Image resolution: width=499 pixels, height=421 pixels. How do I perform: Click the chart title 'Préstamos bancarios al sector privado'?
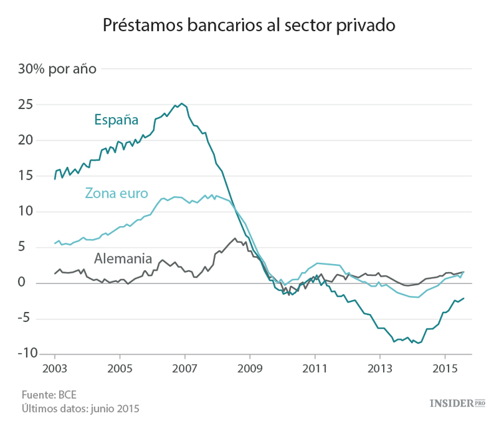249,25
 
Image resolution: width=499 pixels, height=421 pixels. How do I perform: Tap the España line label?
116,120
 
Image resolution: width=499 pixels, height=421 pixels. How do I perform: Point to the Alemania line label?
123,258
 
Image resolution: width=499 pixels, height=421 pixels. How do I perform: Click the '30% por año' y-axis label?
57,69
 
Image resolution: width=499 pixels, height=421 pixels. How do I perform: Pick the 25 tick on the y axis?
25,104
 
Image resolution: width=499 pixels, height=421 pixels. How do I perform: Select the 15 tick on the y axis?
25,176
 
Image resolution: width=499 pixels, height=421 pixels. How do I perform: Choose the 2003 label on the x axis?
55,368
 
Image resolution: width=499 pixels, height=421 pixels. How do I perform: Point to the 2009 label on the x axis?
249,368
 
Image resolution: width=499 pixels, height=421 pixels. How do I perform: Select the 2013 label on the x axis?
380,368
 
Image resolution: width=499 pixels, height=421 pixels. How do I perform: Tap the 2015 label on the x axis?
444,368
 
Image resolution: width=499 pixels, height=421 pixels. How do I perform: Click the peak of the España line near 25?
182,104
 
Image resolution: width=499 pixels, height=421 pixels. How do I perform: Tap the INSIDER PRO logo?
457,402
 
